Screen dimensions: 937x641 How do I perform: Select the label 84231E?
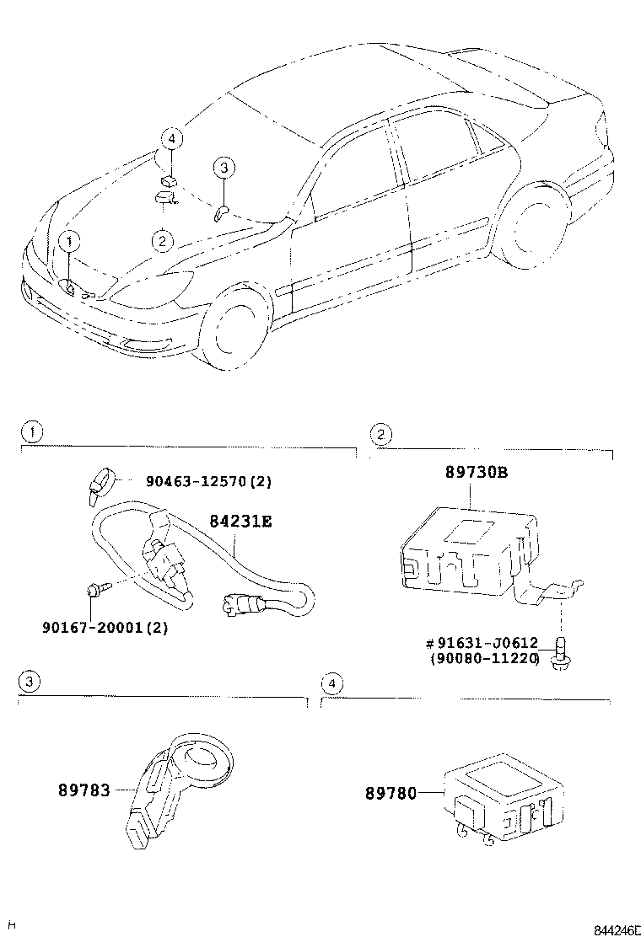240,522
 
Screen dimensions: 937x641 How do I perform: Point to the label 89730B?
477,473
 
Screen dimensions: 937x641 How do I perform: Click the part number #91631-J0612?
482,644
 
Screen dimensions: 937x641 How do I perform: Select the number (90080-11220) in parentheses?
483,658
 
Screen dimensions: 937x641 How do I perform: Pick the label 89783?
84,791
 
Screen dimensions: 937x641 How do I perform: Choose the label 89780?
391,793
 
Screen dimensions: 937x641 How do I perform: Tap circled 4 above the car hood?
171,137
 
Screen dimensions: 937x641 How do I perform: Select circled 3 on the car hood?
222,169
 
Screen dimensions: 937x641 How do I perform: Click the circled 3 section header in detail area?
28,682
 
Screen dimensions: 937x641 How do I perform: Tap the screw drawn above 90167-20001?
94,594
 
